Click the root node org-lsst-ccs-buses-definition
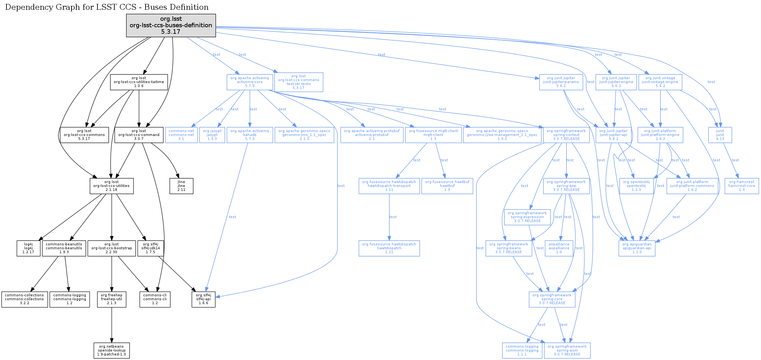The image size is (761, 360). (171, 25)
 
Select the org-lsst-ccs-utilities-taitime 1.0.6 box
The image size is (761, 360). (139, 82)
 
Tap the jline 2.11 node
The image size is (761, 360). (181, 186)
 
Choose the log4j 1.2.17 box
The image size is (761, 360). (29, 248)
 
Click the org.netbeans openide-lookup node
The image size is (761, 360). (112, 351)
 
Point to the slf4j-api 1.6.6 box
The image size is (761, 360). (203, 299)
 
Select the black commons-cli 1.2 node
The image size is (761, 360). (155, 299)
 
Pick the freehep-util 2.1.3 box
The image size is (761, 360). (112, 299)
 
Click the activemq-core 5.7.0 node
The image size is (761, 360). (249, 82)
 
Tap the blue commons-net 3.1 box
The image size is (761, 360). (181, 135)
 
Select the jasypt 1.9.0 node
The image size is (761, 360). (212, 135)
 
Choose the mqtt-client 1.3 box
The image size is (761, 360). (433, 135)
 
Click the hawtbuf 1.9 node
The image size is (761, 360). (447, 186)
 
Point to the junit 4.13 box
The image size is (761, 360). (720, 135)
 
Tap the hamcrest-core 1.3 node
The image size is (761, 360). (742, 186)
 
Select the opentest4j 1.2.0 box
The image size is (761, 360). (636, 186)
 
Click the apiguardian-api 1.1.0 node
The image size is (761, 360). (637, 248)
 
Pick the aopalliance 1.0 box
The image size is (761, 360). (559, 248)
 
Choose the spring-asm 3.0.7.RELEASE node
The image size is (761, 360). (567, 351)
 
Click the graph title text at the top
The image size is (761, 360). (107, 7)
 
